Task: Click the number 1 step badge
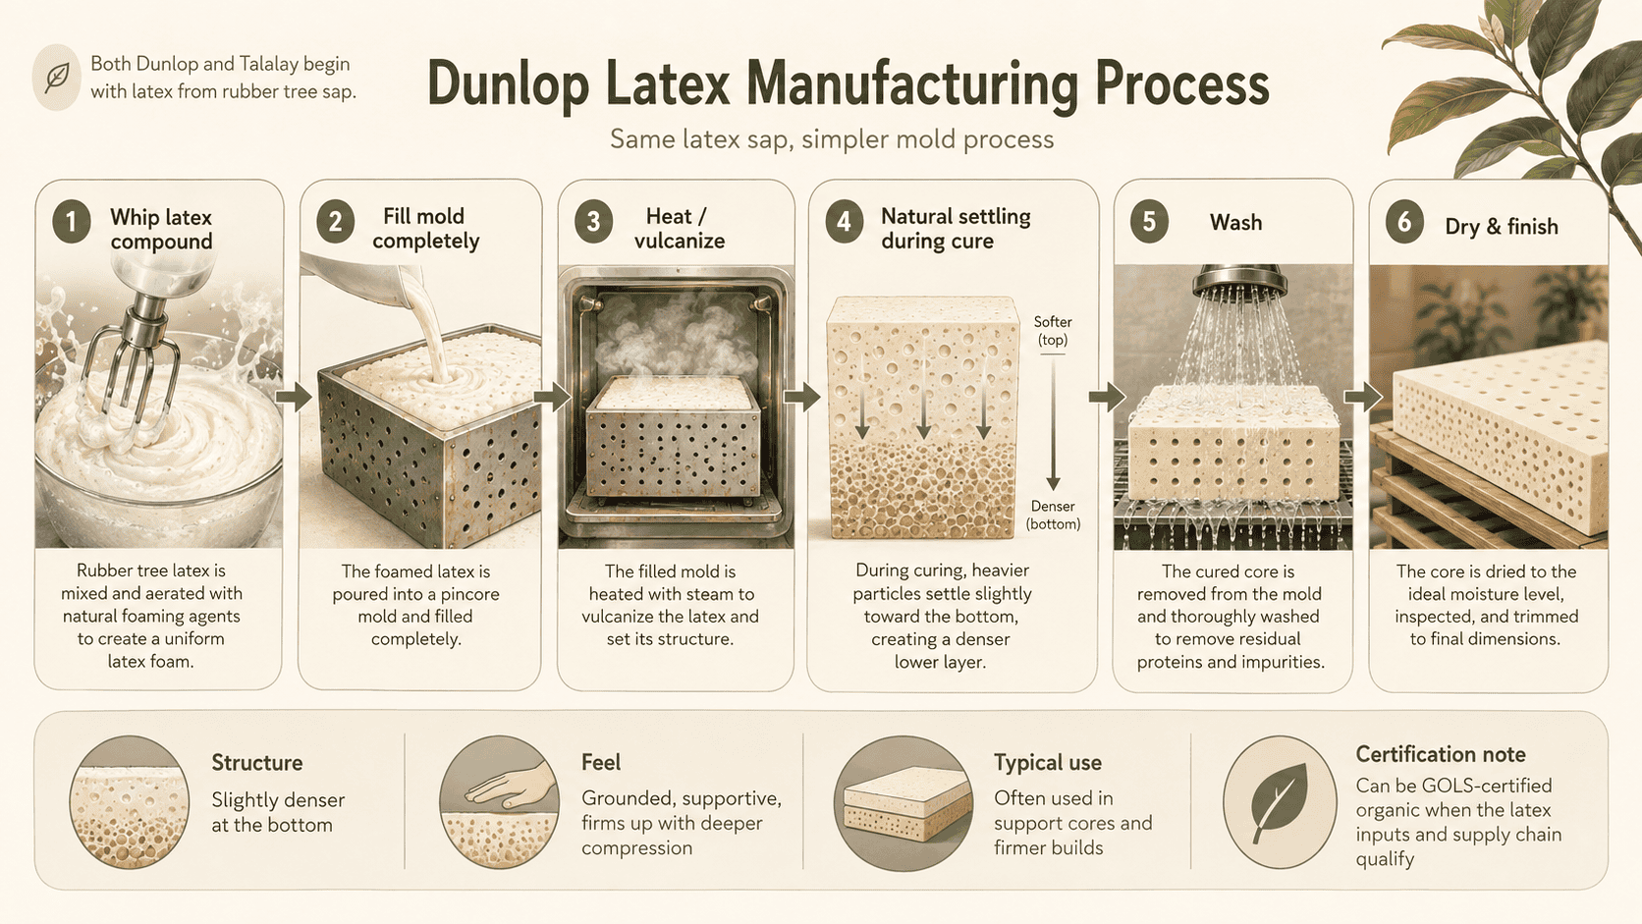click(71, 222)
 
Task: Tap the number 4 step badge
click(844, 222)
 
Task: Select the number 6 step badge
click(1403, 222)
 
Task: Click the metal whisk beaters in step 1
click(131, 366)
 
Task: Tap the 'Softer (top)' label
click(1053, 331)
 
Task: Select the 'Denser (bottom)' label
click(1053, 516)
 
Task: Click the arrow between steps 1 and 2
click(294, 397)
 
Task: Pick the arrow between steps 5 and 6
click(1363, 397)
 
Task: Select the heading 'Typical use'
click(1048, 763)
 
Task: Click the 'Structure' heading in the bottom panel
click(256, 763)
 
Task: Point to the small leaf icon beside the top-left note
click(56, 78)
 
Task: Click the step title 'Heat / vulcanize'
click(678, 229)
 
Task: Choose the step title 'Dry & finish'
click(1502, 227)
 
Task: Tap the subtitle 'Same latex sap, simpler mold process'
click(831, 139)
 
